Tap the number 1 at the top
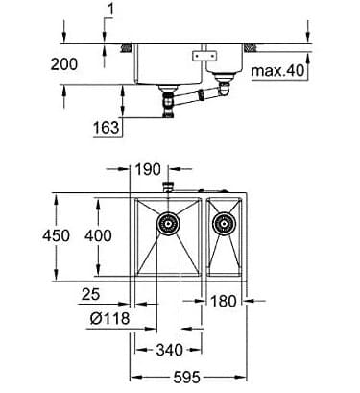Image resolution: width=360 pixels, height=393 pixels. tap(111, 11)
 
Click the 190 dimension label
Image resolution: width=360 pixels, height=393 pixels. tap(149, 169)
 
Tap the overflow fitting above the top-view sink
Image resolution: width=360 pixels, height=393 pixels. tap(169, 184)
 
